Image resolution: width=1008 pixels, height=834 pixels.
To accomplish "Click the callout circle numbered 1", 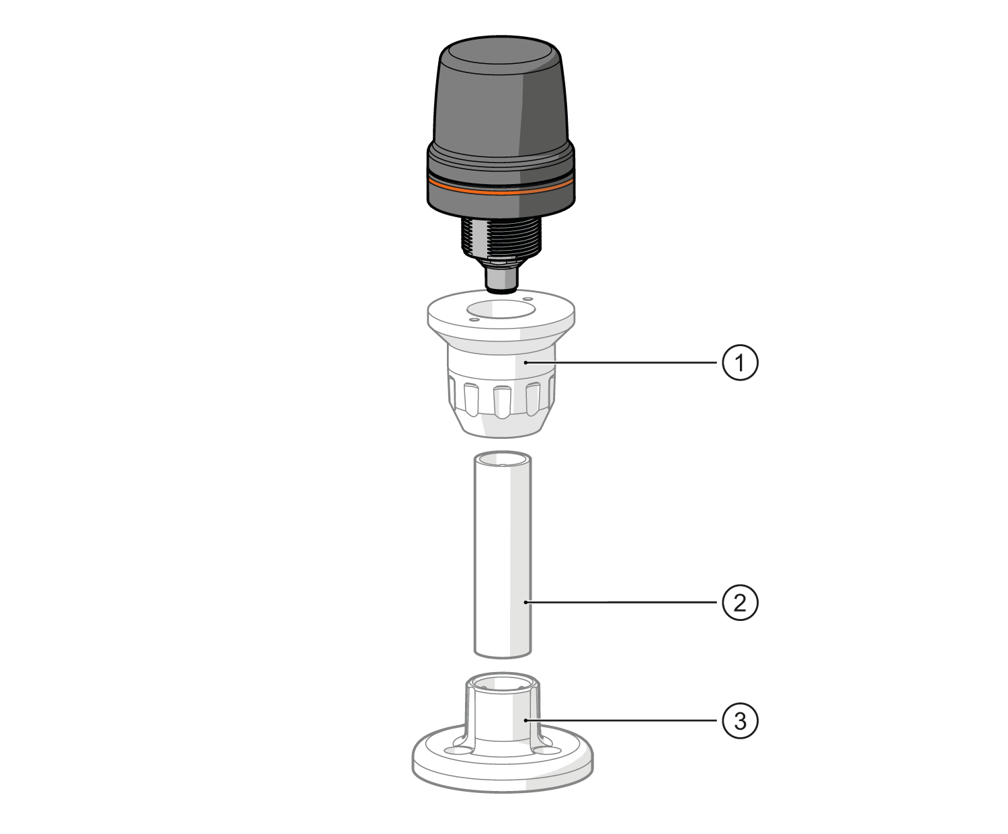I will [740, 364].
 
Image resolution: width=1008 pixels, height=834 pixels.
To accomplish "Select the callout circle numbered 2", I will [740, 603].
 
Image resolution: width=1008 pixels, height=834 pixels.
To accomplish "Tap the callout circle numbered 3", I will [740, 721].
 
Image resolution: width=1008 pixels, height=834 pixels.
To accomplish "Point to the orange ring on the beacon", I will [501, 190].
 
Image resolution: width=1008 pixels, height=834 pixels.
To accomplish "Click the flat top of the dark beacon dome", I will [500, 54].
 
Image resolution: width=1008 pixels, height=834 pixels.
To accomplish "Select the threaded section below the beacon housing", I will [501, 239].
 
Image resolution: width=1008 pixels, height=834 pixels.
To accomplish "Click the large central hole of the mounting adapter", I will [500, 310].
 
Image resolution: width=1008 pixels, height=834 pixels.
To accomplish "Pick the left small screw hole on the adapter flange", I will [474, 321].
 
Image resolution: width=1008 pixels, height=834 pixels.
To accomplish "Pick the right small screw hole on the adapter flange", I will [528, 298].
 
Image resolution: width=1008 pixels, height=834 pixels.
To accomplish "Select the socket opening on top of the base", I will [503, 685].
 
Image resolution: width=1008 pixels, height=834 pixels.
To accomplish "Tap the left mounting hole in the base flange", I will [462, 747].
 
